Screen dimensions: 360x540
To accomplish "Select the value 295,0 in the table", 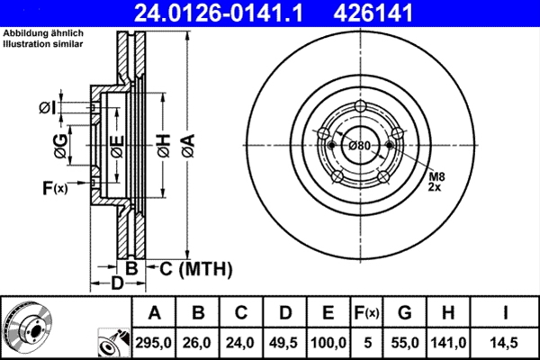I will pos(155,341).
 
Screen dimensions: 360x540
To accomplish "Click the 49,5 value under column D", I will pos(285,341).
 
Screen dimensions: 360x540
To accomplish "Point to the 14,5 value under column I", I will pos(508,341).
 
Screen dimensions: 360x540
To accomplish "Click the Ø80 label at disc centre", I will pos(360,146).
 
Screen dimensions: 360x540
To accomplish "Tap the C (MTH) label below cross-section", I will pos(189,268).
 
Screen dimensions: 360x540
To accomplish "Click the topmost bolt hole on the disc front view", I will pos(361,108).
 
